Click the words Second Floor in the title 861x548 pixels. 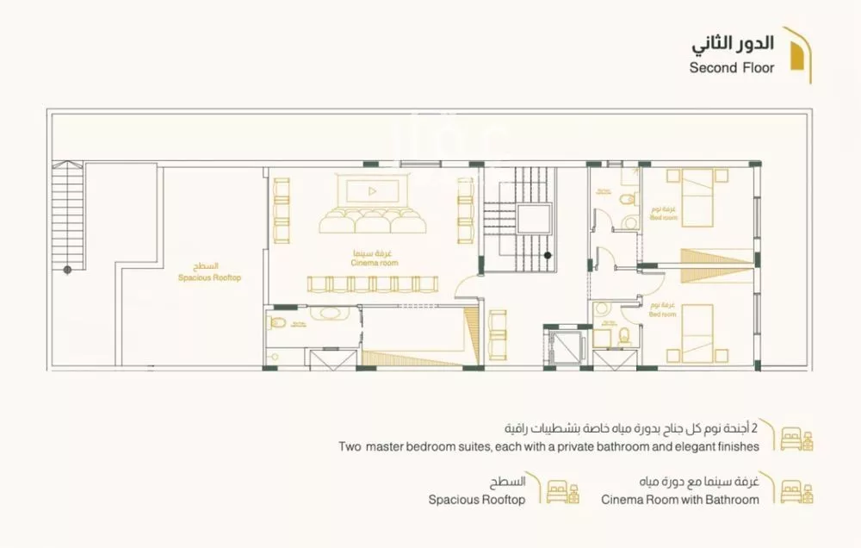tap(731, 68)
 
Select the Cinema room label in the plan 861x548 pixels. tap(374, 258)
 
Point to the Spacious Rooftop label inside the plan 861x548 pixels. tap(209, 273)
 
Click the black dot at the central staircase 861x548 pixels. tap(547, 254)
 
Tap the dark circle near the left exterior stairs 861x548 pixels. tap(68, 270)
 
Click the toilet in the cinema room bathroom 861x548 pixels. tap(276, 323)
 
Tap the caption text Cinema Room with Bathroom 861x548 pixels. tap(679, 500)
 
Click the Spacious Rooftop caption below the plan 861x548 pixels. tap(476, 500)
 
